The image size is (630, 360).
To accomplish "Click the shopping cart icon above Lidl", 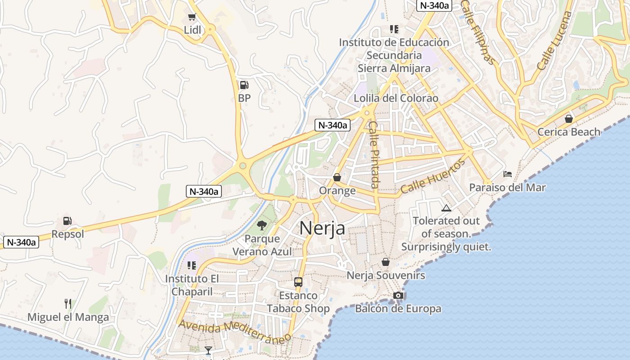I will tap(192, 17).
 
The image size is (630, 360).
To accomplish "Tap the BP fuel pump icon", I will tap(244, 85).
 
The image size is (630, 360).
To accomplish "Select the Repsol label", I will tap(67, 234).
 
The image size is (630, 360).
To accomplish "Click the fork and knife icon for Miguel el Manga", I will tap(68, 304).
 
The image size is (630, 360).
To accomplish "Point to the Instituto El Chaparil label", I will tap(192, 285).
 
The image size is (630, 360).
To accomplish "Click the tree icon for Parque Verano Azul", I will tap(261, 225).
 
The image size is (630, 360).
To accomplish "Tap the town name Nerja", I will tap(322, 228).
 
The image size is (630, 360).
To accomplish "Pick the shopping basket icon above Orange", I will tap(337, 178).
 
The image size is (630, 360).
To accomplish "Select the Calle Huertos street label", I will tap(432, 176).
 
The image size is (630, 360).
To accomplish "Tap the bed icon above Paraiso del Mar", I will tap(508, 174).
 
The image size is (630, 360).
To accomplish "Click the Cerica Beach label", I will tap(569, 132).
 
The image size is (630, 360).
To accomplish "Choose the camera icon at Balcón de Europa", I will tap(398, 295).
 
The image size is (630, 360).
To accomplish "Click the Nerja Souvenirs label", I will tap(386, 275).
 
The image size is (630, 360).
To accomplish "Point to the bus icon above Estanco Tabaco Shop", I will tap(298, 282).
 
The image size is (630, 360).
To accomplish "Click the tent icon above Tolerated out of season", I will tap(446, 208).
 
